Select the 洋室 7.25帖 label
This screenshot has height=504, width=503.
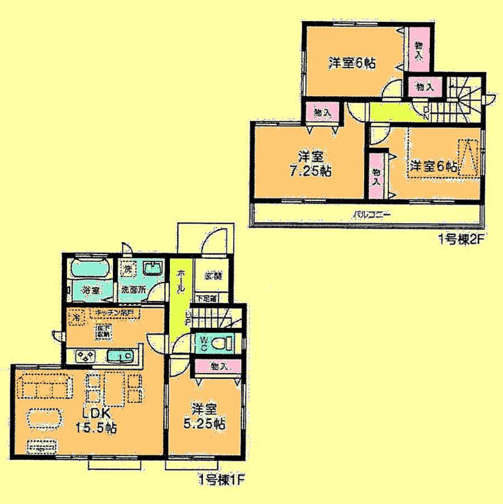click(x=307, y=164)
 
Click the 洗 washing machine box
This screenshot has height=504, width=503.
click(x=127, y=268)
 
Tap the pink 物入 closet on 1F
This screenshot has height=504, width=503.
click(x=219, y=366)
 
